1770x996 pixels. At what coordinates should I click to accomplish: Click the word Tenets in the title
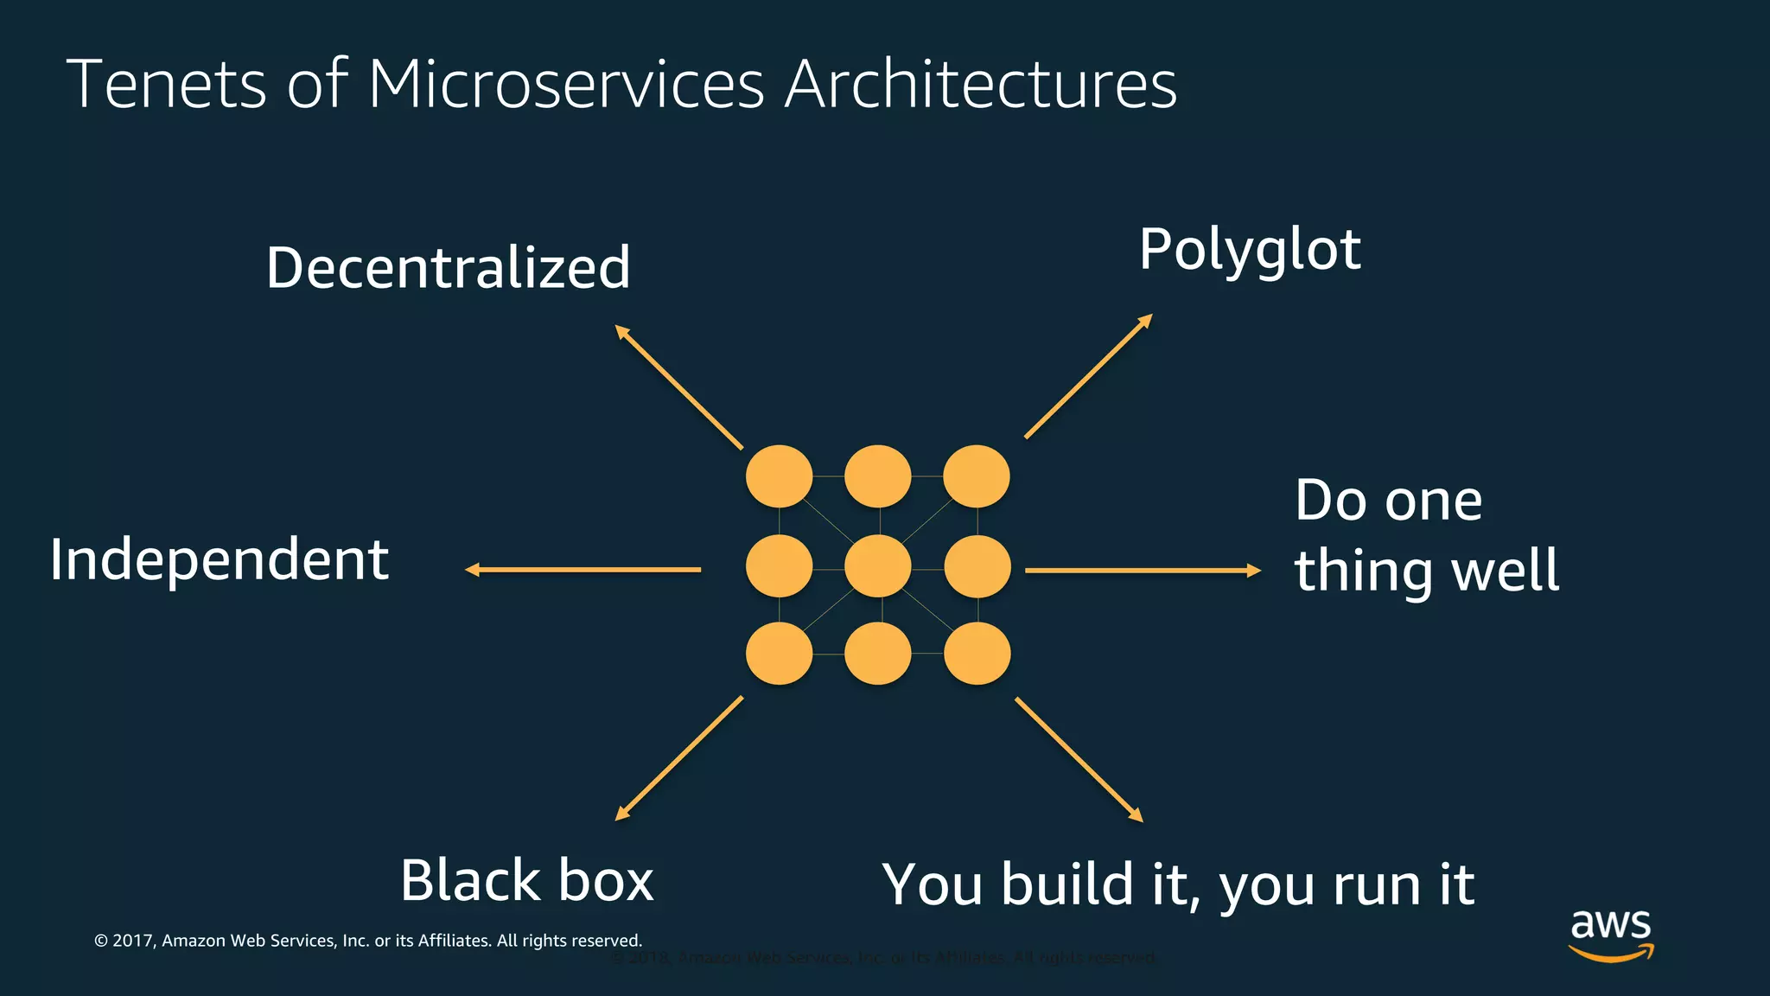166,84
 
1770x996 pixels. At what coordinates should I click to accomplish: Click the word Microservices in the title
566,84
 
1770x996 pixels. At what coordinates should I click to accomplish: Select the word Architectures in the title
980,84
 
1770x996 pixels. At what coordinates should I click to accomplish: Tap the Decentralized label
448,267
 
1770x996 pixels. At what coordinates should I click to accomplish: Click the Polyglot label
1250,251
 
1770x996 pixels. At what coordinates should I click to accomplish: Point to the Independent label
220,560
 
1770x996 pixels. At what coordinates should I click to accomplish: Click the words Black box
526,880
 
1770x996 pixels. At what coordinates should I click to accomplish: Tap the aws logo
1611,934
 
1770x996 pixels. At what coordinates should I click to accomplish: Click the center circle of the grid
877,566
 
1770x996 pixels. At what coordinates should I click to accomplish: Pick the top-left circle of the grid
779,476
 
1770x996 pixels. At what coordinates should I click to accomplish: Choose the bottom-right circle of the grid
977,654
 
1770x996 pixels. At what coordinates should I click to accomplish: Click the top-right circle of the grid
976,476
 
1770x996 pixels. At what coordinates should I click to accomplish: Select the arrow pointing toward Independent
583,569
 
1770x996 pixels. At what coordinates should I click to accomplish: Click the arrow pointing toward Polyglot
1088,376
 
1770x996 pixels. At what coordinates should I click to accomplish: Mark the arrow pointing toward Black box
678,758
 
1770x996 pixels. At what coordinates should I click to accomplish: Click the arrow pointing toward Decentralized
678,386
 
